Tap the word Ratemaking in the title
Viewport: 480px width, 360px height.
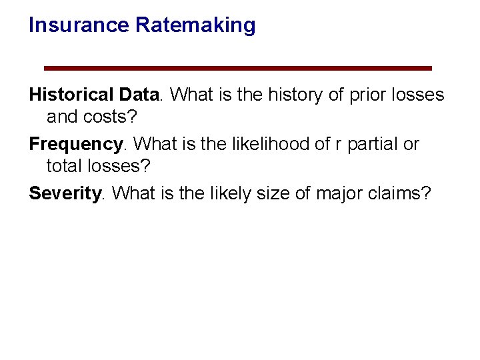coord(195,25)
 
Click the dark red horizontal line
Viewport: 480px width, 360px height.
coord(237,68)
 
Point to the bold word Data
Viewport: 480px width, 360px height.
coord(139,95)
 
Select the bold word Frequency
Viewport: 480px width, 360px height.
coord(75,144)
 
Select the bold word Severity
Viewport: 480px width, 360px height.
coord(65,193)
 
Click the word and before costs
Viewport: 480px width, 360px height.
coord(62,117)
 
